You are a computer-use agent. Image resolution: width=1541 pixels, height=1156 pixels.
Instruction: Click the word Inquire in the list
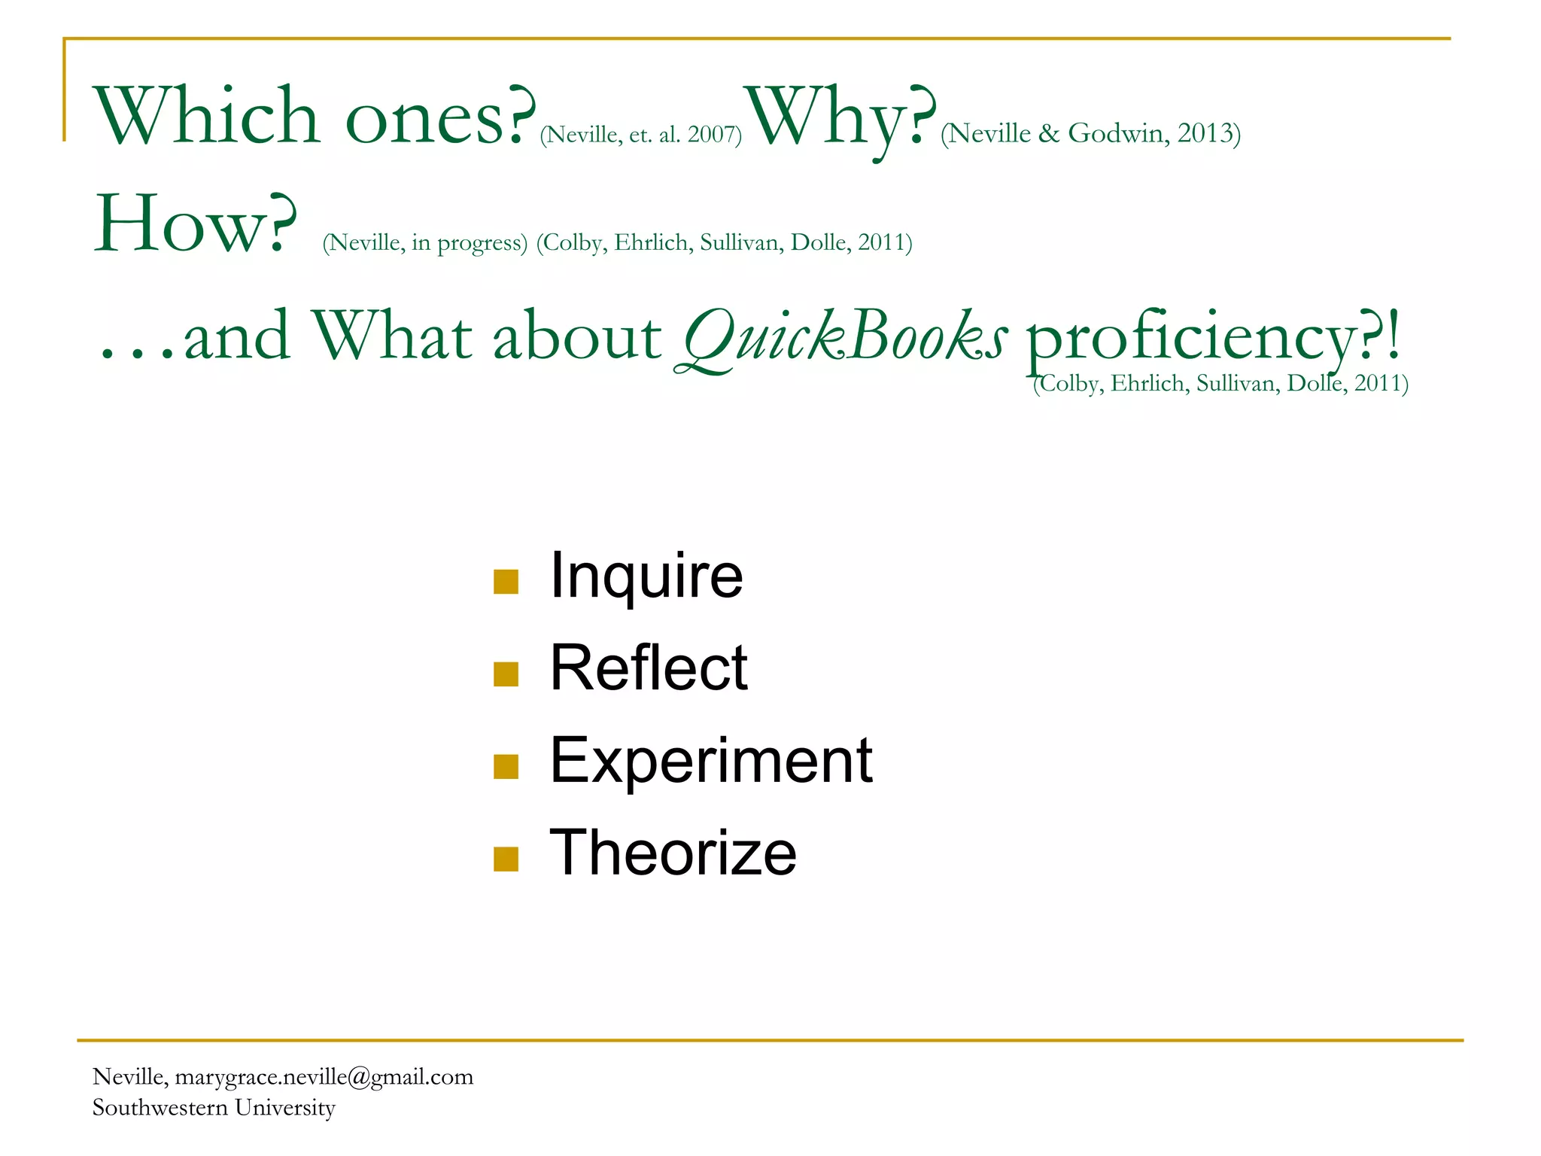point(646,576)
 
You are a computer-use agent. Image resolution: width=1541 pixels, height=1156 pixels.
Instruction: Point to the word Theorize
point(673,853)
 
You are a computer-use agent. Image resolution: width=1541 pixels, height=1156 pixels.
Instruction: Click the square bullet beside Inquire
point(506,581)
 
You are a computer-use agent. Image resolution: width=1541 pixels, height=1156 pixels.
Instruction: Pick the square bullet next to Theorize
point(506,859)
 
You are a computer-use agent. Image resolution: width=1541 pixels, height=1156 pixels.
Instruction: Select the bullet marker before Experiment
point(506,766)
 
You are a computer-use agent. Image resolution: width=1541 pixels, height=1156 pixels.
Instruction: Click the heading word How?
point(195,224)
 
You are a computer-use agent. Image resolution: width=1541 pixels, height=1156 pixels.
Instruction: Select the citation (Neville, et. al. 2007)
point(641,135)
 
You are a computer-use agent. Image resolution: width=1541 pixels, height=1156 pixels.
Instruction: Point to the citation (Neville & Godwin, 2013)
point(1090,133)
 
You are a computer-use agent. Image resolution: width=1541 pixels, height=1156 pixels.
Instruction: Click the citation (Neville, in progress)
point(425,243)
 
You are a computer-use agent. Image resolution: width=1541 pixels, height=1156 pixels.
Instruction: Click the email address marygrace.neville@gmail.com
point(324,1077)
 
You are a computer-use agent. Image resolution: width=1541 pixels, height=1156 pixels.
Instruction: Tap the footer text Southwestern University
point(214,1108)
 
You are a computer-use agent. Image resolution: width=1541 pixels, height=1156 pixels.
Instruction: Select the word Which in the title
point(207,117)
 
